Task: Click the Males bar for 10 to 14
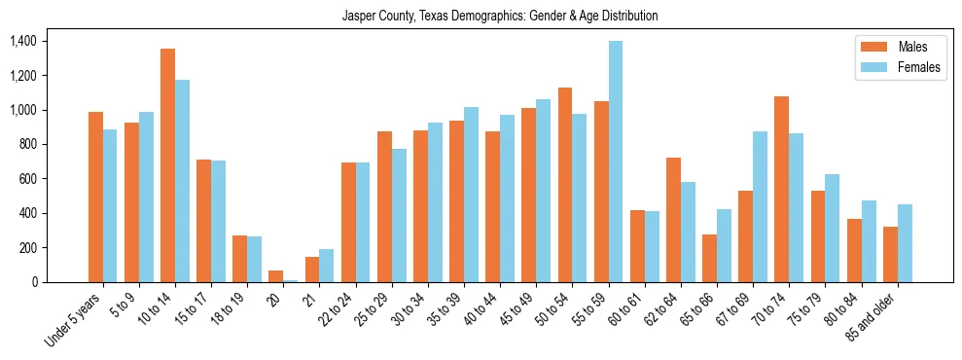pyautogui.click(x=167, y=165)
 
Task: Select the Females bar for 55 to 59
pyautogui.click(x=616, y=162)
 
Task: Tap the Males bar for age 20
pyautogui.click(x=276, y=276)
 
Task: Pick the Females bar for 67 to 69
pyautogui.click(x=760, y=207)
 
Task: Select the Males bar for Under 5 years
pyautogui.click(x=95, y=198)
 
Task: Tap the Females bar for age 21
pyautogui.click(x=327, y=266)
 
